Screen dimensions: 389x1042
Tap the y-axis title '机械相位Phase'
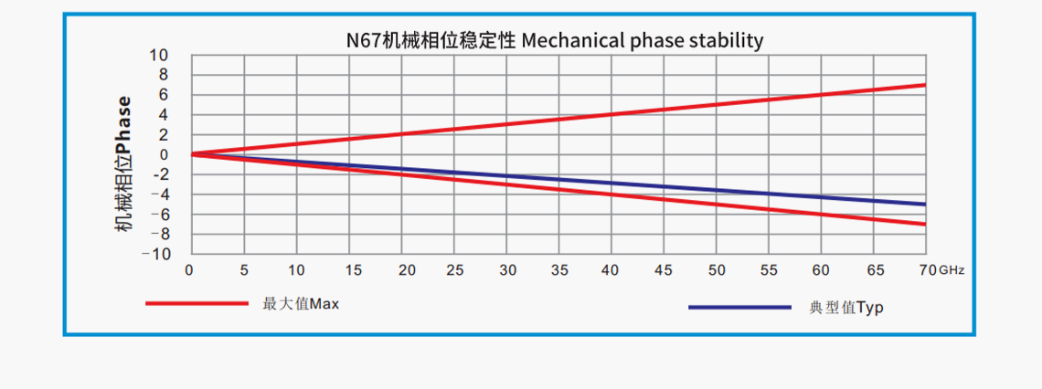coord(123,164)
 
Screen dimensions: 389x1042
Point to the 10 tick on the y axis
coord(160,56)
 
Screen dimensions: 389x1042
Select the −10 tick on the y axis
coord(155,254)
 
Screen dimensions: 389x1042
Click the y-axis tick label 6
coord(164,95)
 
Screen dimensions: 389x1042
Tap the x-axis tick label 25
coord(455,270)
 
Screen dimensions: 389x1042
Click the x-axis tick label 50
coord(718,270)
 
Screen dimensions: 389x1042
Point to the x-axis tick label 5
coord(244,270)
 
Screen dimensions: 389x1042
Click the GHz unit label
coord(952,271)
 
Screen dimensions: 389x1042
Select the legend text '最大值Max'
coord(301,303)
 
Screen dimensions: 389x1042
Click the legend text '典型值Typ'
coord(846,308)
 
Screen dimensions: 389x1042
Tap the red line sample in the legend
coord(197,302)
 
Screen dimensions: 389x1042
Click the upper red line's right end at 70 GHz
coord(925,85)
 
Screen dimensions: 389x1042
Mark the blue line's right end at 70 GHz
coord(925,205)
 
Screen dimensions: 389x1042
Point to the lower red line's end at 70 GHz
coord(925,224)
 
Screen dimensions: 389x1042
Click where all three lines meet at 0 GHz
coord(191,154)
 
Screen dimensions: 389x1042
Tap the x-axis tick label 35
coord(560,270)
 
